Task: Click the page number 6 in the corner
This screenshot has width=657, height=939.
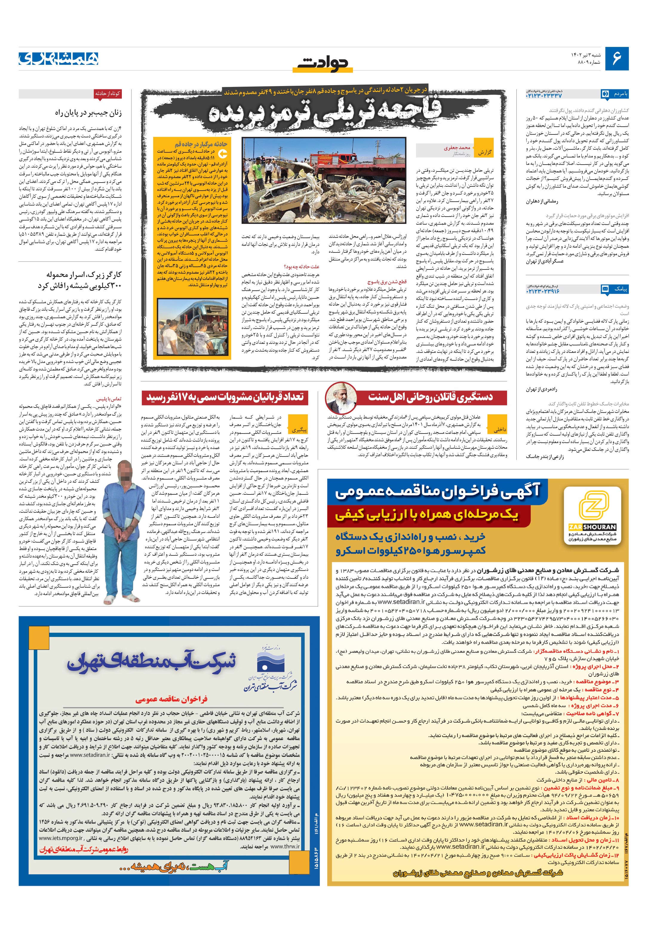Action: coord(616,58)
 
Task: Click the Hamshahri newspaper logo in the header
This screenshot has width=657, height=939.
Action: coord(59,58)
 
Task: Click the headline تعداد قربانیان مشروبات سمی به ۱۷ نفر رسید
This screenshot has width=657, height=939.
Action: coord(225,397)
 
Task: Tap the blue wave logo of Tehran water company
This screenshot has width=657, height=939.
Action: coord(270,663)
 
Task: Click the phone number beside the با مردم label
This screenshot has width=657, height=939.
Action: coord(544,95)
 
